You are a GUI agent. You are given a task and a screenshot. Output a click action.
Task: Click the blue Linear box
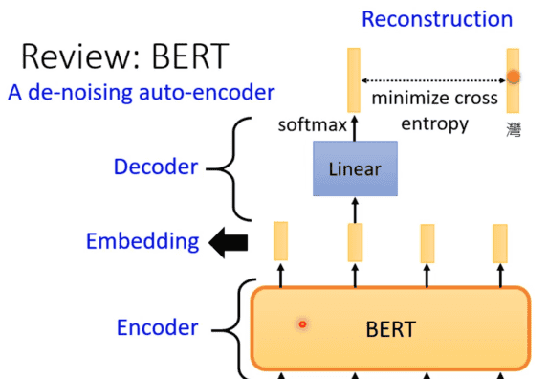(355, 169)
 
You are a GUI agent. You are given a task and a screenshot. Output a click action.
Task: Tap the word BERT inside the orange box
(391, 330)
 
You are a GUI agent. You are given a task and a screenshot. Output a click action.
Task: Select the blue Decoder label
(156, 167)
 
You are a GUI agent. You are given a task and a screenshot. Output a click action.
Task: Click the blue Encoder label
(158, 328)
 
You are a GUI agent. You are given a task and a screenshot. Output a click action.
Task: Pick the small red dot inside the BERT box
(302, 324)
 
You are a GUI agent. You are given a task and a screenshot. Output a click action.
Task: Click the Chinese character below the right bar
(514, 126)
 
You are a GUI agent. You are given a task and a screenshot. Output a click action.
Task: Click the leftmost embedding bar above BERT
(280, 241)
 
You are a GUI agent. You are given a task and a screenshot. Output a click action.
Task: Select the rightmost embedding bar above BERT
(499, 242)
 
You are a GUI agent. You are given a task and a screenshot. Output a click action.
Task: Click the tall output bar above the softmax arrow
(355, 78)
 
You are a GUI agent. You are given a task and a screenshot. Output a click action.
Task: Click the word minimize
(409, 99)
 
